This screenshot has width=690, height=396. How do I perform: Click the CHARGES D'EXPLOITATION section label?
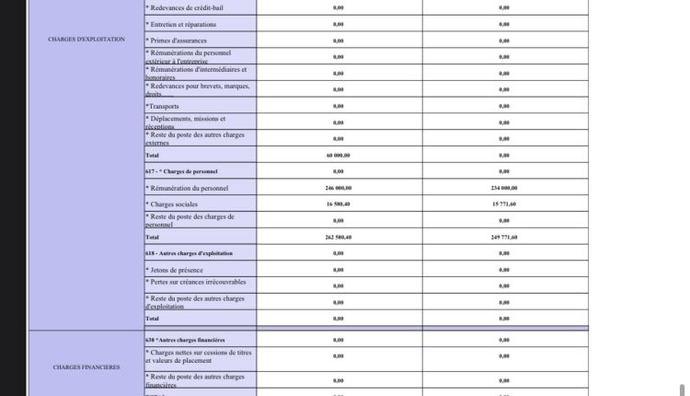click(x=86, y=40)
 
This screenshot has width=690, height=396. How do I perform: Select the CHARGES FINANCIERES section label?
click(x=86, y=367)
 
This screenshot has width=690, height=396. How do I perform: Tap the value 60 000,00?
click(x=339, y=155)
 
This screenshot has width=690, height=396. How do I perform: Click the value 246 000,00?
click(x=339, y=187)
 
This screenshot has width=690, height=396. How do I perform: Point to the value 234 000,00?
click(x=504, y=187)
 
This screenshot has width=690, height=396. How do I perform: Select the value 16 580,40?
click(x=339, y=204)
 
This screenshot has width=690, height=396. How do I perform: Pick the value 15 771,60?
click(x=504, y=204)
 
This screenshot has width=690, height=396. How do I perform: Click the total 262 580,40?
click(x=339, y=237)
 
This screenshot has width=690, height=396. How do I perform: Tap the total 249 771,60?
click(x=504, y=237)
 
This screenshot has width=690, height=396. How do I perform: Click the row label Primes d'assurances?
click(x=177, y=41)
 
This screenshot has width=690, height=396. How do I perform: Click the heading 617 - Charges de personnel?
click(x=181, y=171)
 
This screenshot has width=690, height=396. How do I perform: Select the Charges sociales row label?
click(x=173, y=204)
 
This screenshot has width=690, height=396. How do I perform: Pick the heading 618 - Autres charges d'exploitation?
click(x=189, y=253)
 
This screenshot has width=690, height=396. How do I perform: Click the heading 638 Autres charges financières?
click(x=185, y=340)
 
